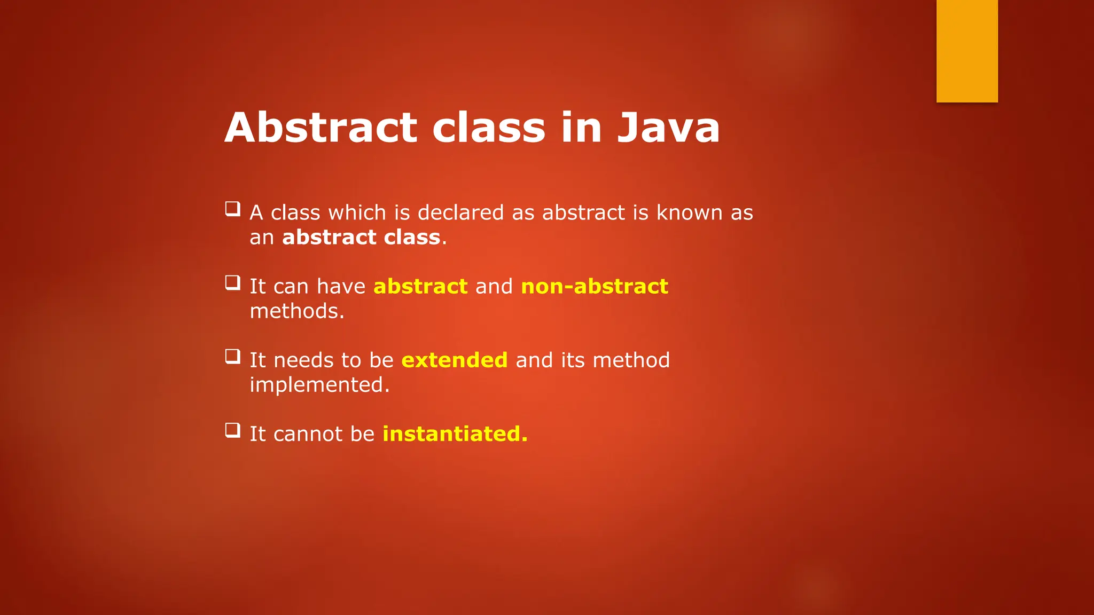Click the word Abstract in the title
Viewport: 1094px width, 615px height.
321,128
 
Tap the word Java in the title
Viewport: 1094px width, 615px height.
668,128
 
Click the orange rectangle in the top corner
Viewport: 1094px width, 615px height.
967,51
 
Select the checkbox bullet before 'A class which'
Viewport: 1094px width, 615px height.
232,208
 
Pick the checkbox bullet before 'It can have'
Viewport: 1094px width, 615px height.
232,282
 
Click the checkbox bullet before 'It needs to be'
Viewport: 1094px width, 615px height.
232,356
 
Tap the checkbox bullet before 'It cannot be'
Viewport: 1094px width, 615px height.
232,429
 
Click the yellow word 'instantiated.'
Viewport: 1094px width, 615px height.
455,434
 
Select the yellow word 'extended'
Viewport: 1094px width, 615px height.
454,360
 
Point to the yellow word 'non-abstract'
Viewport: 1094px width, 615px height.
594,287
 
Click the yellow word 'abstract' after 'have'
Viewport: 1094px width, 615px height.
420,287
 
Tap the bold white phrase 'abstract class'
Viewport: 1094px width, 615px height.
361,238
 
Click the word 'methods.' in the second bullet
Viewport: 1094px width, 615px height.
297,311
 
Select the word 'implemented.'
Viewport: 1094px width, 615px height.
319,385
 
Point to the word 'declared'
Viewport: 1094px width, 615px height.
460,213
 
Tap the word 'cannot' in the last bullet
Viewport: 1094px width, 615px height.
308,434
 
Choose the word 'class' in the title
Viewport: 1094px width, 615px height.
489,128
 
